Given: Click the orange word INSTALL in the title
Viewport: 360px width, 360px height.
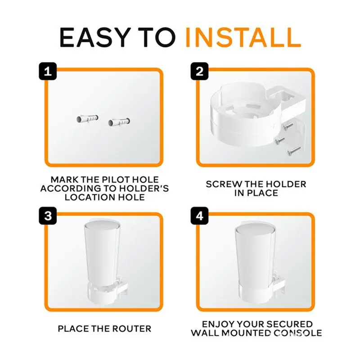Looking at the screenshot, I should pyautogui.click(x=243, y=38).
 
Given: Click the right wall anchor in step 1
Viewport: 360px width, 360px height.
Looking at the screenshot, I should pyautogui.click(x=119, y=121).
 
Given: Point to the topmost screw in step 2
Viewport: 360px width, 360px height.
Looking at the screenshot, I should pyautogui.click(x=288, y=125).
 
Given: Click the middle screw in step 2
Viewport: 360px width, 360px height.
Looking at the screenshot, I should pyautogui.click(x=280, y=139).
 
